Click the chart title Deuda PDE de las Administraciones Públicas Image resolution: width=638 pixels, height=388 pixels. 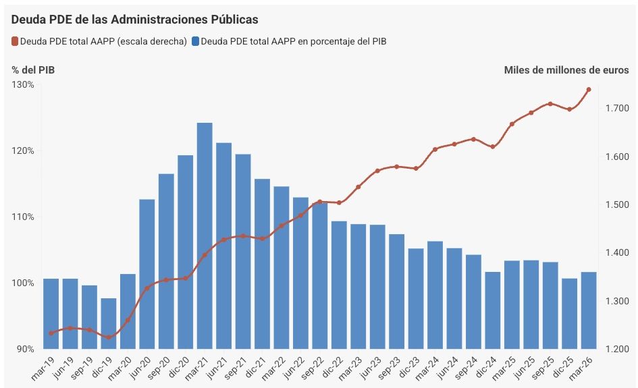click(134, 20)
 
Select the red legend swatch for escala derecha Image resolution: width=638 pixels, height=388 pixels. click(15, 41)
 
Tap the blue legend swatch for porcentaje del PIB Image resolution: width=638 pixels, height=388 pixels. click(196, 41)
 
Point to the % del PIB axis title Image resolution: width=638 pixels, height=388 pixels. click(33, 70)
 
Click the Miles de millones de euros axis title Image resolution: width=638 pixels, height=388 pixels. click(566, 70)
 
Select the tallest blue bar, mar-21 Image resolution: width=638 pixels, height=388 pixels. click(205, 236)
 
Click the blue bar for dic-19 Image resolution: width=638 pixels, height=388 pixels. click(109, 324)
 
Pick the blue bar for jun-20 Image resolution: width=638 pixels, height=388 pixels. click(147, 274)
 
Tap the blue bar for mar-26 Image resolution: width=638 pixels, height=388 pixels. click(589, 310)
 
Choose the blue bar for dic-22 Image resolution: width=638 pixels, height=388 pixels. click(339, 285)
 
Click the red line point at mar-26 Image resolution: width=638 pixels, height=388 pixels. click(589, 90)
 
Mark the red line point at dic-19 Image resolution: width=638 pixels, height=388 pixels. click(109, 337)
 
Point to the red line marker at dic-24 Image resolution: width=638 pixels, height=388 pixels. click(493, 147)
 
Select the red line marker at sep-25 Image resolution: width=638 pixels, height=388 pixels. click(550, 104)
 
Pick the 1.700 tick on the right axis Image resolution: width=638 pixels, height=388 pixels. click(617, 108)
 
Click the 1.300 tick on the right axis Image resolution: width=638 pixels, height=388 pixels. click(617, 301)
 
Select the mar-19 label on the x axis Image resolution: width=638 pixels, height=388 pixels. click(43, 368)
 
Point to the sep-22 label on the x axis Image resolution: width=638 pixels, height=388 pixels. click(312, 368)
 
